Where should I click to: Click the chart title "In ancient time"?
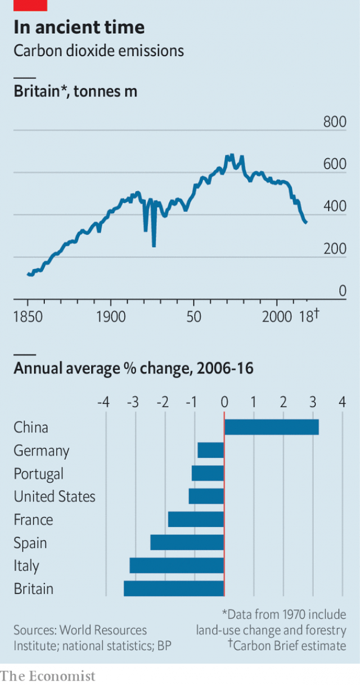[x=79, y=26]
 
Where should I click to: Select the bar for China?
[x=271, y=427]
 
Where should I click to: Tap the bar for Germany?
[x=211, y=450]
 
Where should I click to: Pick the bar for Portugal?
[x=208, y=473]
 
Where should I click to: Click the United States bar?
[x=206, y=496]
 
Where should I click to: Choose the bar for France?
[x=196, y=520]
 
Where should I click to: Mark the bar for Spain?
[x=187, y=543]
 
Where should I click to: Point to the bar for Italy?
[x=177, y=566]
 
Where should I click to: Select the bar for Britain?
[x=174, y=589]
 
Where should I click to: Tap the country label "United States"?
[x=55, y=496]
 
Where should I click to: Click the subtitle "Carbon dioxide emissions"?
[x=98, y=51]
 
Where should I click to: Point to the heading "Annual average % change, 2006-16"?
[x=133, y=369]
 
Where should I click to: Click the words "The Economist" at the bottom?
[x=48, y=675]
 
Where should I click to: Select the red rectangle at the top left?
[x=30, y=5]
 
